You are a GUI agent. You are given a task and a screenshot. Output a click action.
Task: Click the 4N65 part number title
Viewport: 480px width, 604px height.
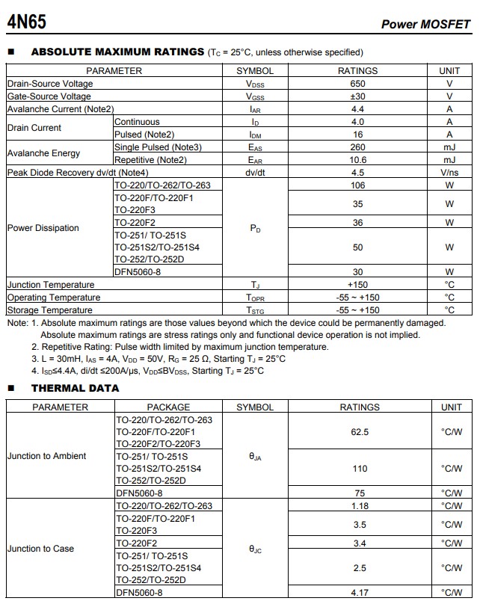[x=26, y=22]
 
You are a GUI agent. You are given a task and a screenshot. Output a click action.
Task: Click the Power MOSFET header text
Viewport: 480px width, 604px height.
[x=425, y=24]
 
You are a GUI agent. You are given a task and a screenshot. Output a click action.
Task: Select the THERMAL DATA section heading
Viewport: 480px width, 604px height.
[x=75, y=388]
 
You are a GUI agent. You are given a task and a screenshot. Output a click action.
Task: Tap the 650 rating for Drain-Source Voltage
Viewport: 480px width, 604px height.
[x=357, y=84]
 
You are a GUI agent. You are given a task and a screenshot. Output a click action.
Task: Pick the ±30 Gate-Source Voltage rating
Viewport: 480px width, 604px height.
[x=357, y=96]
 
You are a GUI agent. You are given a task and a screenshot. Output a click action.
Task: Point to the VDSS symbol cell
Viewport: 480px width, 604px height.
[x=255, y=84]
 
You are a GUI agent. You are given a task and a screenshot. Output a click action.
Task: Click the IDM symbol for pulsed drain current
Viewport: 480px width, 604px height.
[x=255, y=135]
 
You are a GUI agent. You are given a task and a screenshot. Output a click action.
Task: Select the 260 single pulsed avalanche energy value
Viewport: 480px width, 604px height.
[x=357, y=147]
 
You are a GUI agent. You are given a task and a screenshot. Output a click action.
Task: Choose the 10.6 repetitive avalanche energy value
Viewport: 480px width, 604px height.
[x=357, y=160]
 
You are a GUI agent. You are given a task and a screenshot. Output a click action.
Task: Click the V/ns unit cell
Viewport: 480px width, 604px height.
[x=449, y=173]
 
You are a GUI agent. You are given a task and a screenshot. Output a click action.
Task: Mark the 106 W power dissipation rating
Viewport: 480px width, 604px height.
[x=357, y=185]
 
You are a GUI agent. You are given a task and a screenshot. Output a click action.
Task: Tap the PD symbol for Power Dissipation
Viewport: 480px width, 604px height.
[x=255, y=229]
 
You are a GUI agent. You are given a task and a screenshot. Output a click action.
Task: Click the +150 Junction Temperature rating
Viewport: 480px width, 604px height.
[x=357, y=285]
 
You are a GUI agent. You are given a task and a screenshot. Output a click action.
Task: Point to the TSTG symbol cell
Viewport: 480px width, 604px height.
[x=255, y=310]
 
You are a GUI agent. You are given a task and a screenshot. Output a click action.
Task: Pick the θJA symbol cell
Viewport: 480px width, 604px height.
[x=255, y=456]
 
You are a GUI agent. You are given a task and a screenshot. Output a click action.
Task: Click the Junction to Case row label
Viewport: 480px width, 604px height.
[x=40, y=549]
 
